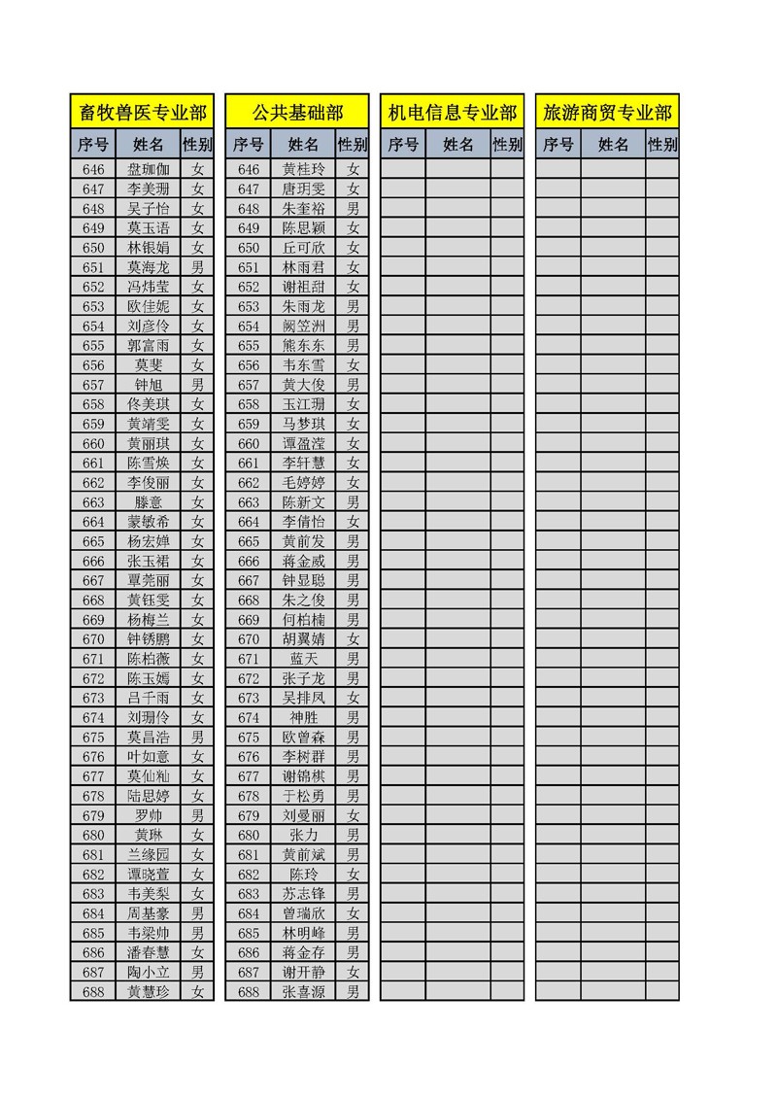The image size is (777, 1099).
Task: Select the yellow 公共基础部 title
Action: point(297,113)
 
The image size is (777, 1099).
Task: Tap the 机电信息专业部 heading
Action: point(453,113)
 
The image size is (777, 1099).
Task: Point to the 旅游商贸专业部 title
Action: point(607,113)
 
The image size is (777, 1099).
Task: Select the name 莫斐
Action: point(149,365)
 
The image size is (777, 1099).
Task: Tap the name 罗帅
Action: point(149,815)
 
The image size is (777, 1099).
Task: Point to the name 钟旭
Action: point(149,385)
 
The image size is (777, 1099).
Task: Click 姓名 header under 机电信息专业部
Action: point(458,145)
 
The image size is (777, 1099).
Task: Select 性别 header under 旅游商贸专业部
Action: point(662,145)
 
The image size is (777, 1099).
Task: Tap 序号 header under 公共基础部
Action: point(249,145)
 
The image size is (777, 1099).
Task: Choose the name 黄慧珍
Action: point(149,991)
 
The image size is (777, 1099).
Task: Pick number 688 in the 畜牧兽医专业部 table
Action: point(93,991)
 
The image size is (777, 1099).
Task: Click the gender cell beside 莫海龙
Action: point(198,267)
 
